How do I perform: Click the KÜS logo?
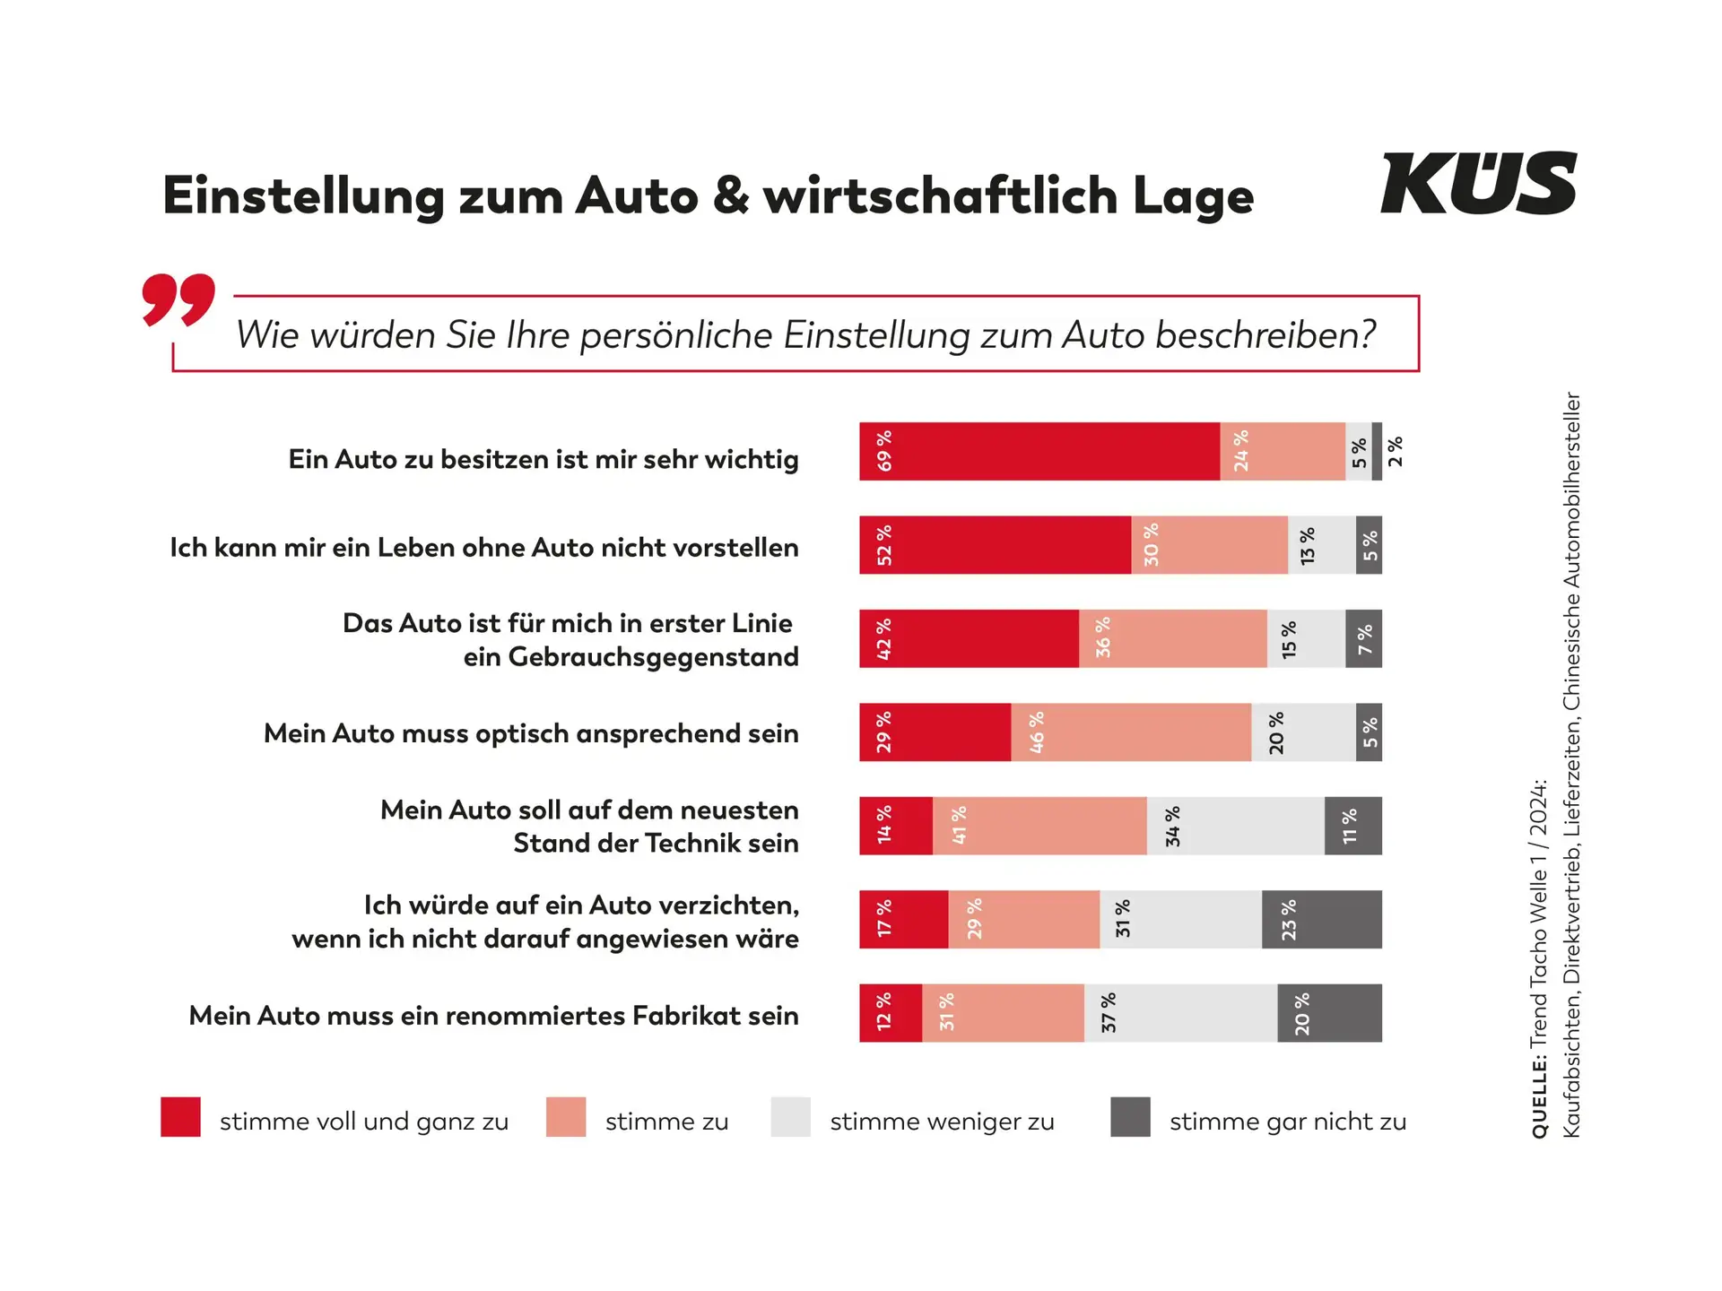pos(1478,184)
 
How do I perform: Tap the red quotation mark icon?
pos(178,299)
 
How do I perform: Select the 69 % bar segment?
pos(1039,452)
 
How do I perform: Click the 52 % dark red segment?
pos(996,545)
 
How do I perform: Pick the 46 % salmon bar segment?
pos(1131,732)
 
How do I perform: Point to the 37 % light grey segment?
pos(1180,1013)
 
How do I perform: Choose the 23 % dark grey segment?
pos(1321,919)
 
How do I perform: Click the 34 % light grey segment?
pos(1235,826)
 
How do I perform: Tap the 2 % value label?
pos(1396,451)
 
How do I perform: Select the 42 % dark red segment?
pos(969,638)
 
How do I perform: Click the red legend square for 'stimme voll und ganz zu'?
pos(180,1117)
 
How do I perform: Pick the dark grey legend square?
pos(1130,1117)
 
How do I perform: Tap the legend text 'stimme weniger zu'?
pos(942,1122)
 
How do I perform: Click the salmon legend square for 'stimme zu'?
pos(566,1117)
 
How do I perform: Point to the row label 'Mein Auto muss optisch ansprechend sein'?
pos(531,733)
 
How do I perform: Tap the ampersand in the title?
pos(731,195)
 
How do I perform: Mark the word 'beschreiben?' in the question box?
pos(1265,335)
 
